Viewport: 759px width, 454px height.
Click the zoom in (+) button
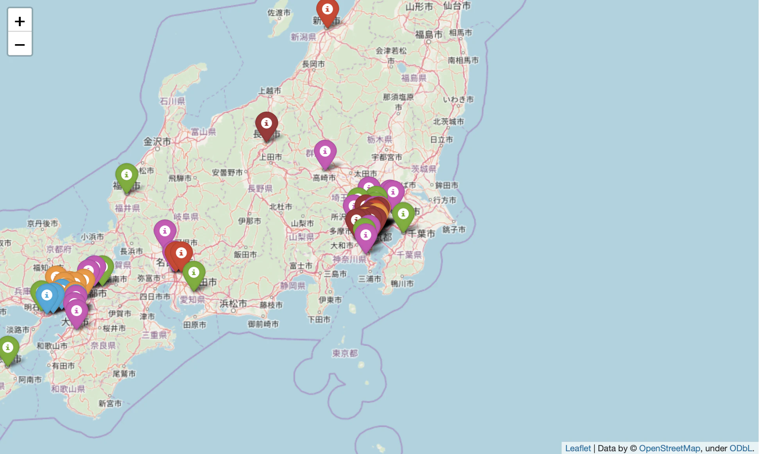(20, 21)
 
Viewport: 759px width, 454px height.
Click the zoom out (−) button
(20, 45)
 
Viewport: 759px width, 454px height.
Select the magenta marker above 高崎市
(325, 153)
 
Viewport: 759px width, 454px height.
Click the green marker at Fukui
(126, 176)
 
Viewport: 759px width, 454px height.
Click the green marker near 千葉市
(403, 215)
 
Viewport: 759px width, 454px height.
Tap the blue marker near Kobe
(47, 297)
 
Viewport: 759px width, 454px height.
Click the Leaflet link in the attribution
(578, 448)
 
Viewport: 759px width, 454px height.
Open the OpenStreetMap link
(669, 448)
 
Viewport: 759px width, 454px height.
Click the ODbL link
(741, 448)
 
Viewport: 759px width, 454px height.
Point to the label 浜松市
(233, 304)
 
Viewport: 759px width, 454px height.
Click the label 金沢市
(157, 141)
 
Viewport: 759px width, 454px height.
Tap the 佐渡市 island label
(279, 13)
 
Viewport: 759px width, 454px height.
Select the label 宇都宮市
(387, 157)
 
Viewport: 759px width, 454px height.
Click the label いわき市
(458, 99)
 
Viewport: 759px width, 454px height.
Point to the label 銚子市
(454, 229)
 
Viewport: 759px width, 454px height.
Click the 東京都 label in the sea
(345, 354)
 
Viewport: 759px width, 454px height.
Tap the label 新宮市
(110, 403)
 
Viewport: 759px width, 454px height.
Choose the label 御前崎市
(263, 324)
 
